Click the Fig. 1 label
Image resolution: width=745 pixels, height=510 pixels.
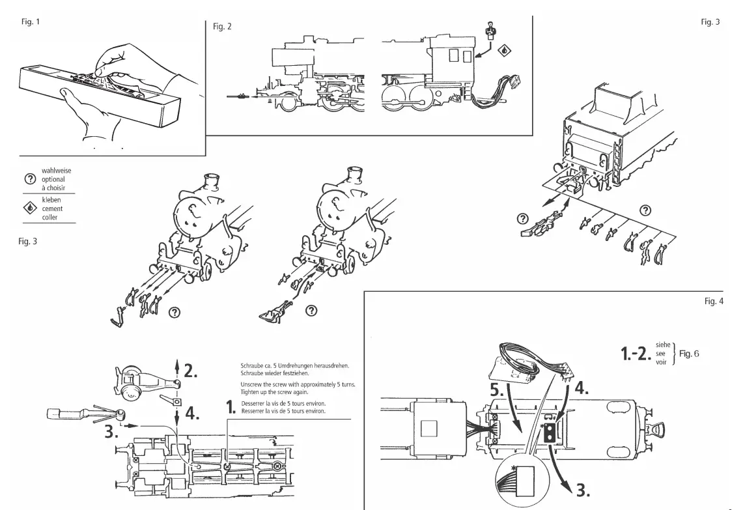pos(31,21)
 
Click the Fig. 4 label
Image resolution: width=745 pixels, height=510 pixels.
pos(714,301)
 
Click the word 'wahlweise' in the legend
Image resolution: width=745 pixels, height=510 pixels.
pos(56,171)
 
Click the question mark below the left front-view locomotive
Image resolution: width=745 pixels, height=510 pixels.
pos(174,312)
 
